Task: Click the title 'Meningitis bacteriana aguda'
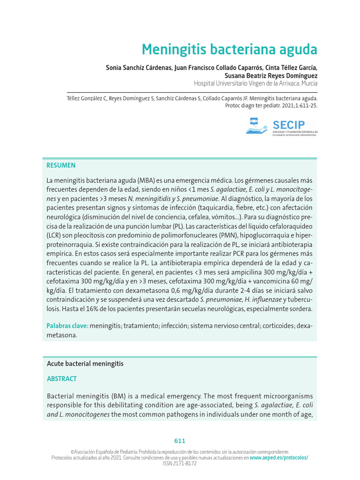pos(229,49)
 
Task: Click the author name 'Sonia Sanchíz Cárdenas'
pos(139,67)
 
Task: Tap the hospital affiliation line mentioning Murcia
pos(255,83)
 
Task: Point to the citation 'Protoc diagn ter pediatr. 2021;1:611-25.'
pos(271,105)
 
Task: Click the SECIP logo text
pos(288,125)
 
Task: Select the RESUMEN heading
pos(61,165)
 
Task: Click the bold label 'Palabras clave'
pos(67,326)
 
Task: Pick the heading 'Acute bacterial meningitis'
pos(85,364)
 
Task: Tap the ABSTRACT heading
pos(62,379)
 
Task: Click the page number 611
pos(180,441)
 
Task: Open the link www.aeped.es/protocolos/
pos(279,457)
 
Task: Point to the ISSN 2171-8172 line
pos(180,463)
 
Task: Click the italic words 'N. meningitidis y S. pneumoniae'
pos(174,198)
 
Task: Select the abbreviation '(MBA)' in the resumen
pos(148,180)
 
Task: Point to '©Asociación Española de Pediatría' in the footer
pos(102,452)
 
